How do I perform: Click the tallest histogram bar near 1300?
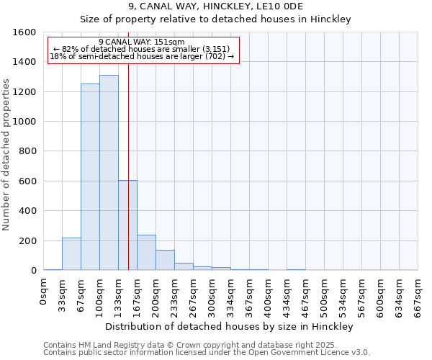click(x=109, y=173)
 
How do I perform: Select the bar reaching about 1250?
click(x=90, y=177)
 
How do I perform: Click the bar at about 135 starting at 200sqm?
click(x=165, y=260)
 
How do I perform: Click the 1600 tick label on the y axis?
click(x=24, y=32)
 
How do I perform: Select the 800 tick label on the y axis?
click(x=27, y=151)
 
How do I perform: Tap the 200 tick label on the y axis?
click(x=27, y=240)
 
